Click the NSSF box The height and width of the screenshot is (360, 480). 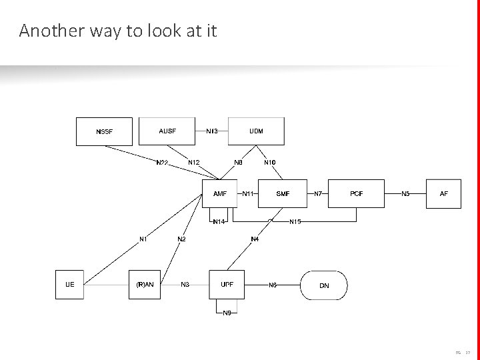coord(104,131)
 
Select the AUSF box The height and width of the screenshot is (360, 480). coord(167,131)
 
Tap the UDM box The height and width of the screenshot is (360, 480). coord(256,131)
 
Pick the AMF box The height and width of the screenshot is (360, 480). coord(220,194)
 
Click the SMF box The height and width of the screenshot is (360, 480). coord(283,194)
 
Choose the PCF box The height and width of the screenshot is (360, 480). coord(357,194)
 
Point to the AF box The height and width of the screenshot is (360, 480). coord(444,194)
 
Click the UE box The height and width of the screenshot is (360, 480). coord(70,285)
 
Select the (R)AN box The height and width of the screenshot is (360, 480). coord(145,285)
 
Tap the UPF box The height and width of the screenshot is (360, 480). coord(227,285)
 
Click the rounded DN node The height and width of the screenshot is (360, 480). coord(324,285)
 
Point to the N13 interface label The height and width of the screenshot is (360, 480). coord(212,131)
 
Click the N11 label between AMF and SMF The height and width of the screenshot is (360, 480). coord(248,194)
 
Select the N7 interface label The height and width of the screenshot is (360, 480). coord(318,194)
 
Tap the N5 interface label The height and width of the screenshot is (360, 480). coord(405,194)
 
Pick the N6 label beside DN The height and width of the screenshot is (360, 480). coord(273,285)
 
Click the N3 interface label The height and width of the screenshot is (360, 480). coord(185,285)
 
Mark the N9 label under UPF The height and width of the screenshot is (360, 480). coord(227,313)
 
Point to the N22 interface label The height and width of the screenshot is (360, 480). coord(162,162)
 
